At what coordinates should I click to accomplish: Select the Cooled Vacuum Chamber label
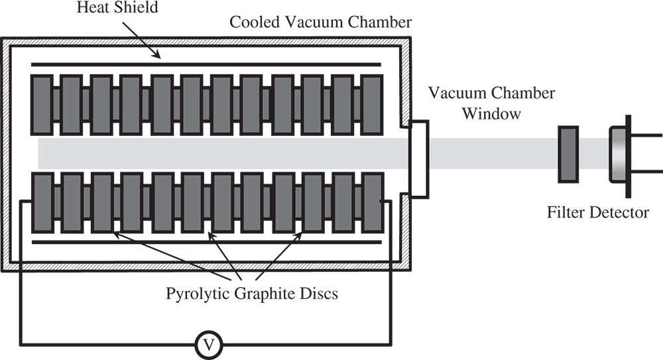click(x=321, y=21)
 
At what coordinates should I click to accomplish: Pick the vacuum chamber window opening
click(x=418, y=159)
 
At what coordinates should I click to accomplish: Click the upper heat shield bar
click(x=206, y=65)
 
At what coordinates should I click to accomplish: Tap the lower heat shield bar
click(x=206, y=243)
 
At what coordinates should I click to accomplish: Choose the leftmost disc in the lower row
click(x=42, y=202)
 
